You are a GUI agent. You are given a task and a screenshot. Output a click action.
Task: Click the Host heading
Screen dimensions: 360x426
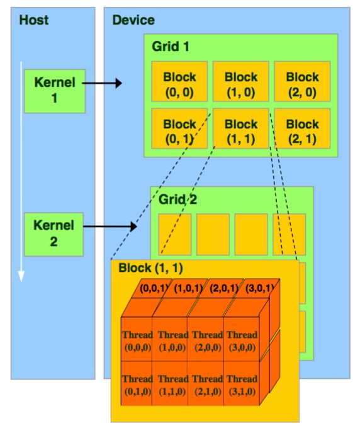click(34, 20)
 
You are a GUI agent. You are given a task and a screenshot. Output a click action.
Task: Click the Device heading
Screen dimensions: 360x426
click(133, 20)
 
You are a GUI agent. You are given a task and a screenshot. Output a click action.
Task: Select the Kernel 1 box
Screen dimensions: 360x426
click(55, 91)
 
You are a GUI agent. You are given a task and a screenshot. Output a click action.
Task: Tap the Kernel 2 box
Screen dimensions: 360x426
click(53, 235)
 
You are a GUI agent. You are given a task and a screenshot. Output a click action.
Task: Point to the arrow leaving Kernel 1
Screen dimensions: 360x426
click(102, 83)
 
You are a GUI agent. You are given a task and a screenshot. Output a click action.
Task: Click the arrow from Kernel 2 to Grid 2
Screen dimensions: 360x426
click(110, 227)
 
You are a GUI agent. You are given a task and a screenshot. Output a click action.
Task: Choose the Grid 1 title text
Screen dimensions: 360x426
click(171, 47)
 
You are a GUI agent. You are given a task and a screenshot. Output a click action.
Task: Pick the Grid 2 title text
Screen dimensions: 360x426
click(177, 199)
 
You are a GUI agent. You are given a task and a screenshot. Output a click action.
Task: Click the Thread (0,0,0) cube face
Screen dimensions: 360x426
click(137, 339)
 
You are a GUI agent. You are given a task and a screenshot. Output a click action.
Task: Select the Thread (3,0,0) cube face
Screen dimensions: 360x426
click(242, 339)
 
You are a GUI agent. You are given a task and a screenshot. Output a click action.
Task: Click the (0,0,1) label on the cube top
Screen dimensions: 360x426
click(153, 288)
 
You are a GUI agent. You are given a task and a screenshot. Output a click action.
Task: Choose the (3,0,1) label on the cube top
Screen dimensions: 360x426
click(259, 288)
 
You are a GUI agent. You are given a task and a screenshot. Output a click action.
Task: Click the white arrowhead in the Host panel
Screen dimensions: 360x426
click(21, 276)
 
